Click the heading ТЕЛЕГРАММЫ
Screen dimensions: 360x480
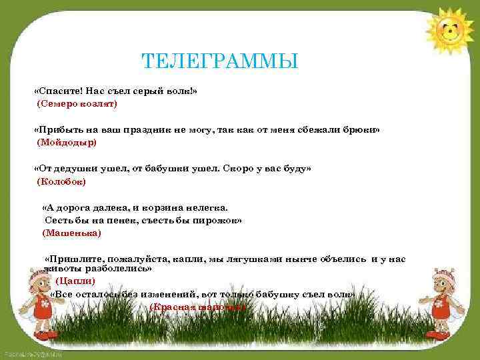point(220,62)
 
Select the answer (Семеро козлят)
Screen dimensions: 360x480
point(77,104)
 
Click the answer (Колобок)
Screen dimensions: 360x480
point(62,181)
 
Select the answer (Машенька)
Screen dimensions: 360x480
point(71,233)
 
